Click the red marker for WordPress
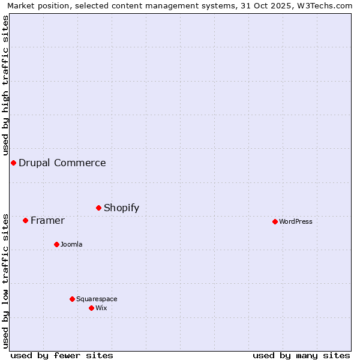(275, 221)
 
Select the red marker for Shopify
(98, 208)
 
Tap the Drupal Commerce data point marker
(13, 163)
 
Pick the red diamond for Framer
(25, 220)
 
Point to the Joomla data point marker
(56, 244)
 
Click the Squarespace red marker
(72, 299)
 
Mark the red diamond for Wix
(91, 308)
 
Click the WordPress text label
(296, 221)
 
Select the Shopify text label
(121, 208)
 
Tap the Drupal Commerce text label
(62, 163)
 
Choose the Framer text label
(47, 220)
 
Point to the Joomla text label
(71, 244)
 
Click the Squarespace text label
(97, 299)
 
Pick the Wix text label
(101, 308)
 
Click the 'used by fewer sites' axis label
(62, 355)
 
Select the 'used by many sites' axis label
(301, 355)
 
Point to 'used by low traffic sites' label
(5, 281)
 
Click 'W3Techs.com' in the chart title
(328, 5)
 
